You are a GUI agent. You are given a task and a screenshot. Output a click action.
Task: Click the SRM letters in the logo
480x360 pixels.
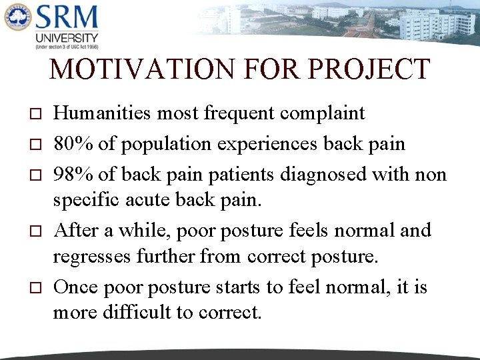[x=67, y=18]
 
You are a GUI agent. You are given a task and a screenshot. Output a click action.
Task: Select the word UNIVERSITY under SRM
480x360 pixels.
[x=67, y=38]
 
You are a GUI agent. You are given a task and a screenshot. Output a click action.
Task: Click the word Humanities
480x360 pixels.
[x=102, y=113]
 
